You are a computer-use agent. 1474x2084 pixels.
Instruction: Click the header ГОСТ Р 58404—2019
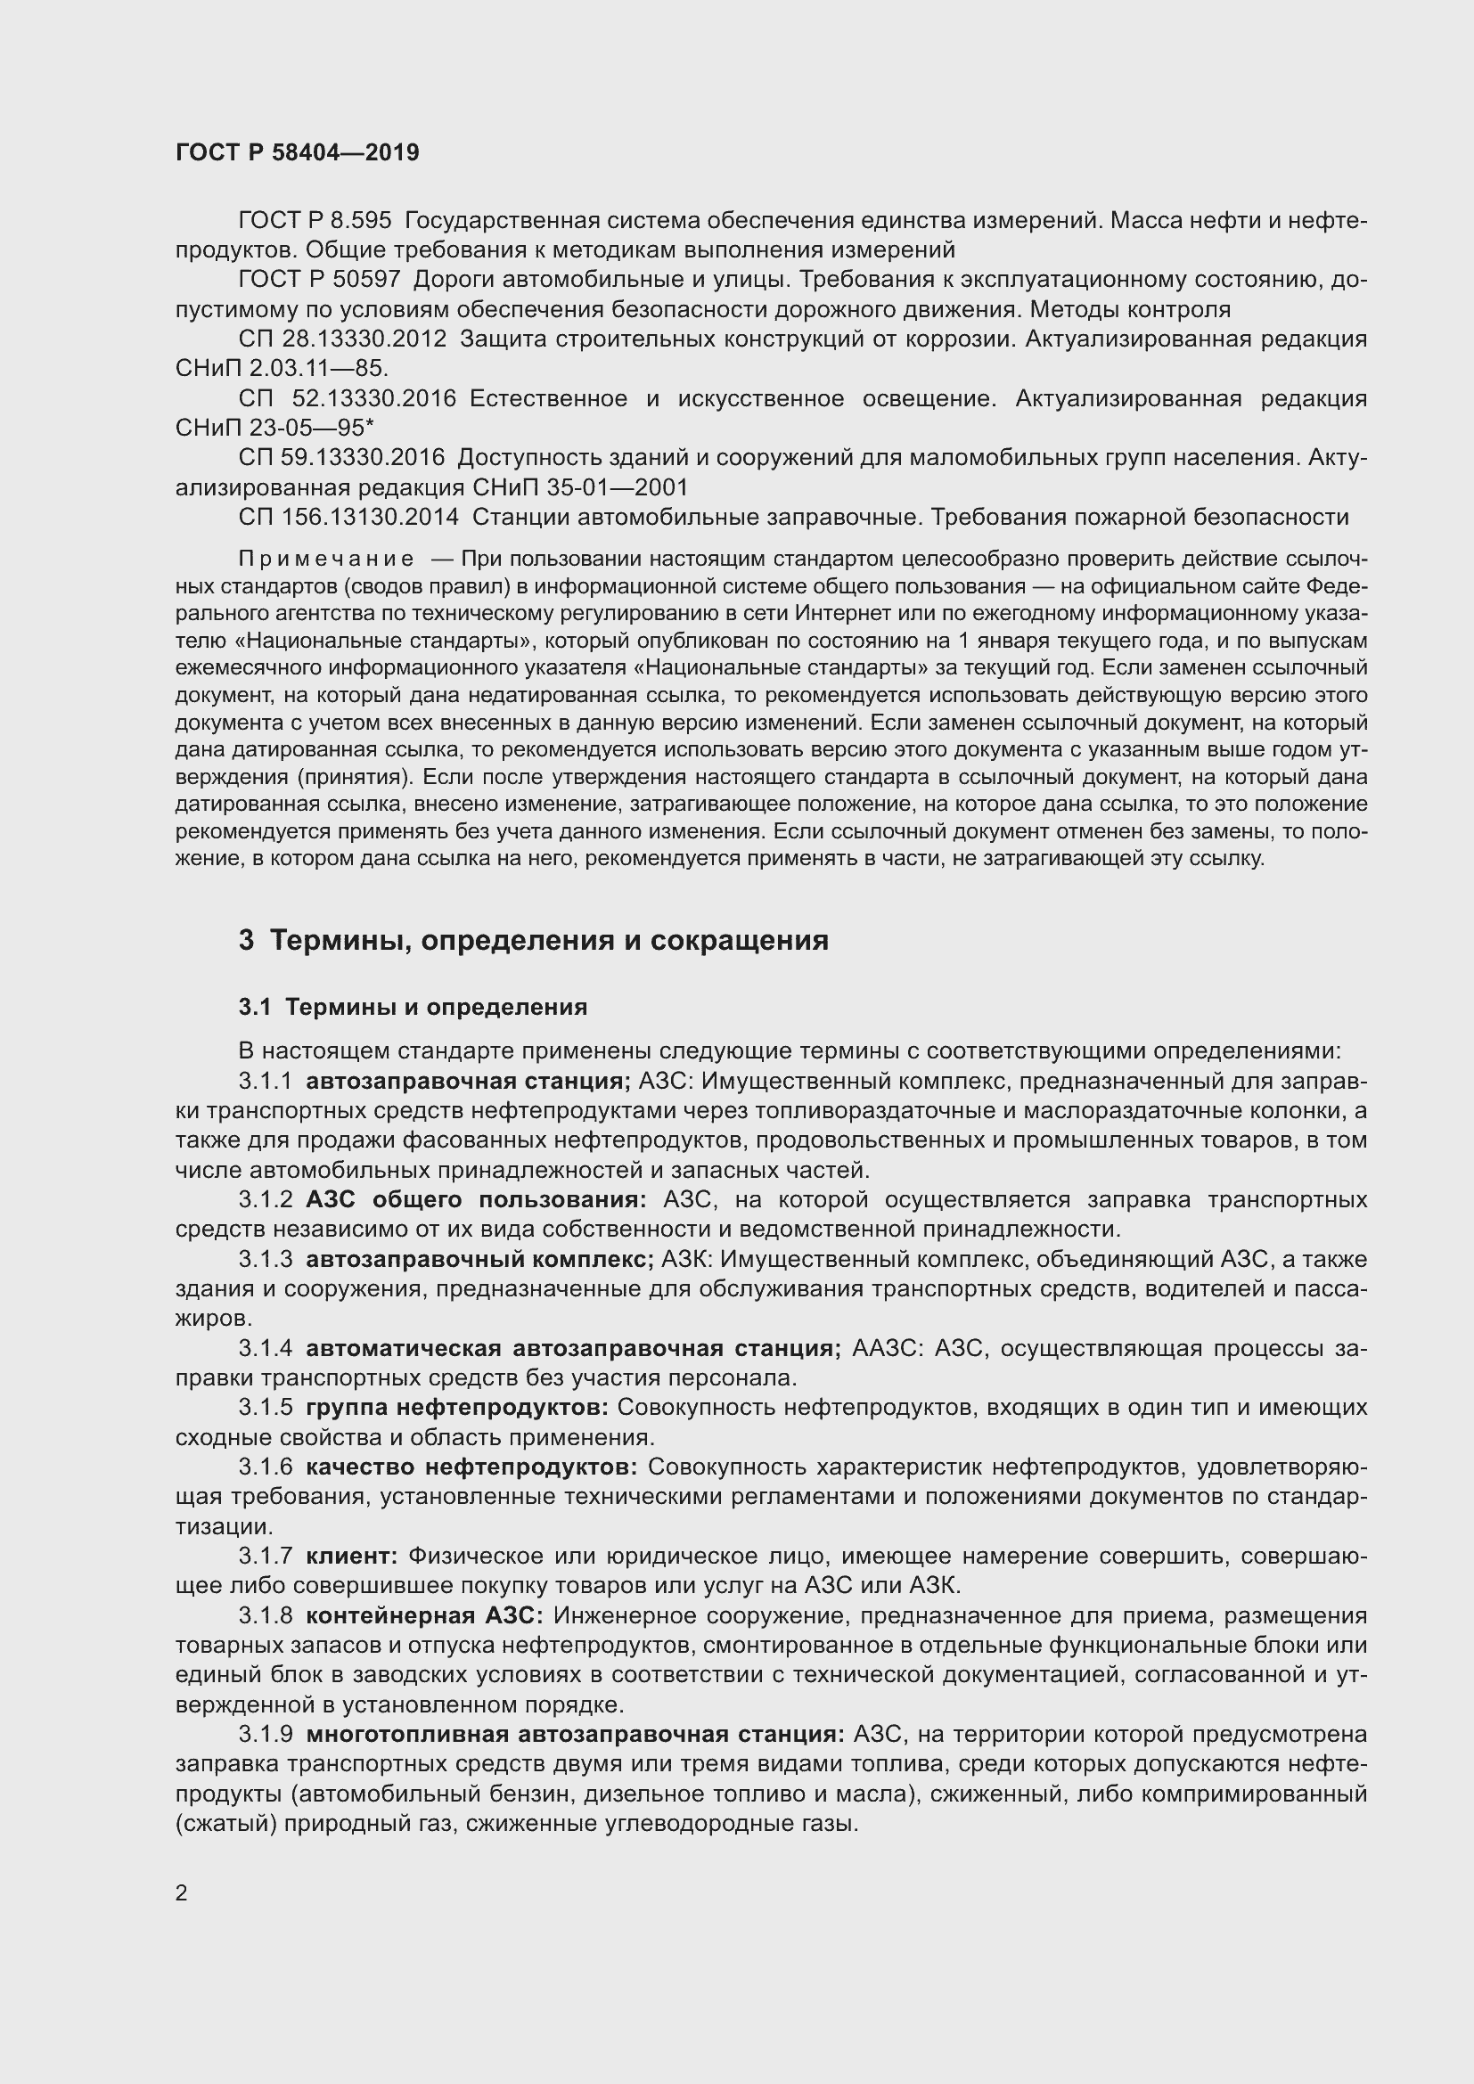click(x=297, y=152)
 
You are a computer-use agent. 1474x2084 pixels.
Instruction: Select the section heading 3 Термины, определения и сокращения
click(x=533, y=939)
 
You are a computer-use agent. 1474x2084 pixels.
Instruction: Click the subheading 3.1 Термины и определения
click(x=413, y=1007)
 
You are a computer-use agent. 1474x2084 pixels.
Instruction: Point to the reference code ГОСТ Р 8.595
click(x=314, y=221)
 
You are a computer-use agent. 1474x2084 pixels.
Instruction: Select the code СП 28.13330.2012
click(x=342, y=339)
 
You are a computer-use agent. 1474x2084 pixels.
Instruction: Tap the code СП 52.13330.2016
click(x=347, y=398)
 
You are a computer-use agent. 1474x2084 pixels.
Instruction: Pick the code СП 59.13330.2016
click(x=342, y=457)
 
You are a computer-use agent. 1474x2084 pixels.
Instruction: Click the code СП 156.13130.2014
click(x=348, y=517)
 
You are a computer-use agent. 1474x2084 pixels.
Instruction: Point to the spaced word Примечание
click(x=326, y=559)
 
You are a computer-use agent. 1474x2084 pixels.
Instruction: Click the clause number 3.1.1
click(x=265, y=1081)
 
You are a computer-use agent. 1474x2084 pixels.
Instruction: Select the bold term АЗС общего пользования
click(x=476, y=1199)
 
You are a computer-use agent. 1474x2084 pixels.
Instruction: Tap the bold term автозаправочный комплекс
click(x=479, y=1259)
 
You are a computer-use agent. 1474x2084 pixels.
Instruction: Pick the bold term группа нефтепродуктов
click(x=457, y=1407)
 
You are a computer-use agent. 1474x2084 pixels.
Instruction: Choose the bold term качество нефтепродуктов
click(x=471, y=1467)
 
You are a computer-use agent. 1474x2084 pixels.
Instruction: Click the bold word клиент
click(x=351, y=1556)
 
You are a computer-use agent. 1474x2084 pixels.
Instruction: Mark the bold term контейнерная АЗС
click(x=424, y=1615)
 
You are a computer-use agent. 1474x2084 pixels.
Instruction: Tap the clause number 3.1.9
click(x=265, y=1734)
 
